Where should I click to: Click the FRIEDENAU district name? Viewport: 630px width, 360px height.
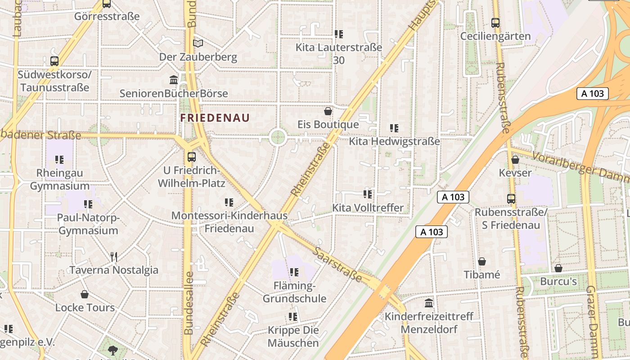tap(215, 118)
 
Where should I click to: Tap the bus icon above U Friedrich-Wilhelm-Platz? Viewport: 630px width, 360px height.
tap(192, 157)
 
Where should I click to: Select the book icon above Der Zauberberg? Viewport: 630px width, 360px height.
tap(198, 43)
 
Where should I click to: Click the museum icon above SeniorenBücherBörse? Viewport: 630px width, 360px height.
tap(174, 80)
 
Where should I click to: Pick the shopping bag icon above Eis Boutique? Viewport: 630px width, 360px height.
tap(328, 111)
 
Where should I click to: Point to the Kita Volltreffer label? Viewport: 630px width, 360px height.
tap(368, 208)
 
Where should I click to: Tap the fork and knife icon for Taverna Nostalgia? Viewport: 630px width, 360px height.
tap(114, 257)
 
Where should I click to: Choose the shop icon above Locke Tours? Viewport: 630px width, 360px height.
tap(85, 295)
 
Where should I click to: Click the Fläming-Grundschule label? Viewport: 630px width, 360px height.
tap(294, 292)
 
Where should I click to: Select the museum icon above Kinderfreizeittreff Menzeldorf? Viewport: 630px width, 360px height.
tap(429, 303)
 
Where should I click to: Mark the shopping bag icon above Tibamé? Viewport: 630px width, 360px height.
tap(482, 261)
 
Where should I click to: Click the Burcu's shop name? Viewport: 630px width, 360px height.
tap(558, 282)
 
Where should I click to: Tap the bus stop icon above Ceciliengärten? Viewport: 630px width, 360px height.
tap(495, 22)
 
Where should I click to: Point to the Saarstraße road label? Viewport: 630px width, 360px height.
tap(338, 265)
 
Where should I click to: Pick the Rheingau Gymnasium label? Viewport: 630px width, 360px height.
tap(60, 179)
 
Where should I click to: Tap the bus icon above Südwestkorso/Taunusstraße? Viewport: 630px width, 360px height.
tap(54, 61)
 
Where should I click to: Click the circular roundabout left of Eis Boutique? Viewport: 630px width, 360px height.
tap(278, 137)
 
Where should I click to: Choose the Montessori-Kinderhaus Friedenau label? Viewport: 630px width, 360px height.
tap(229, 221)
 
